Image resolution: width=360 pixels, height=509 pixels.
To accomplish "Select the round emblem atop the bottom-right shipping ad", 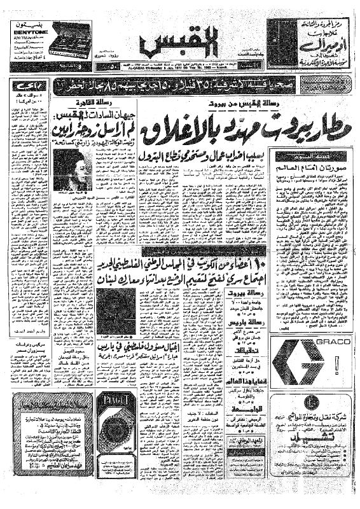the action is point(307,401).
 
